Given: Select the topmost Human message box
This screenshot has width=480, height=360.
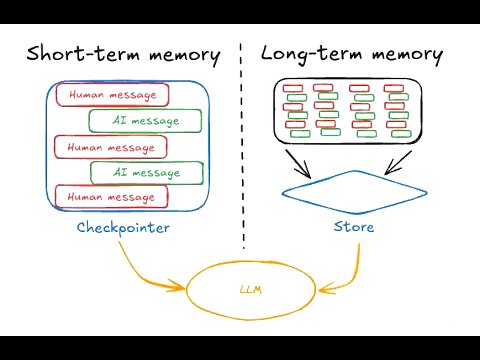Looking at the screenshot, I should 112,95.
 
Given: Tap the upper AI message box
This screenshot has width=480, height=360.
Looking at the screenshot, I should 145,121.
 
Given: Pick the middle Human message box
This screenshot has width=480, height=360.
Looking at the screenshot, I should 111,147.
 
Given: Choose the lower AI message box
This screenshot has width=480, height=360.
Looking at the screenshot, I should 146,173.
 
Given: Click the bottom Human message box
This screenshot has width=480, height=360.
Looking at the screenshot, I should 111,197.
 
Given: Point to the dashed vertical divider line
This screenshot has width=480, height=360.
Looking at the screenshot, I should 243,150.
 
